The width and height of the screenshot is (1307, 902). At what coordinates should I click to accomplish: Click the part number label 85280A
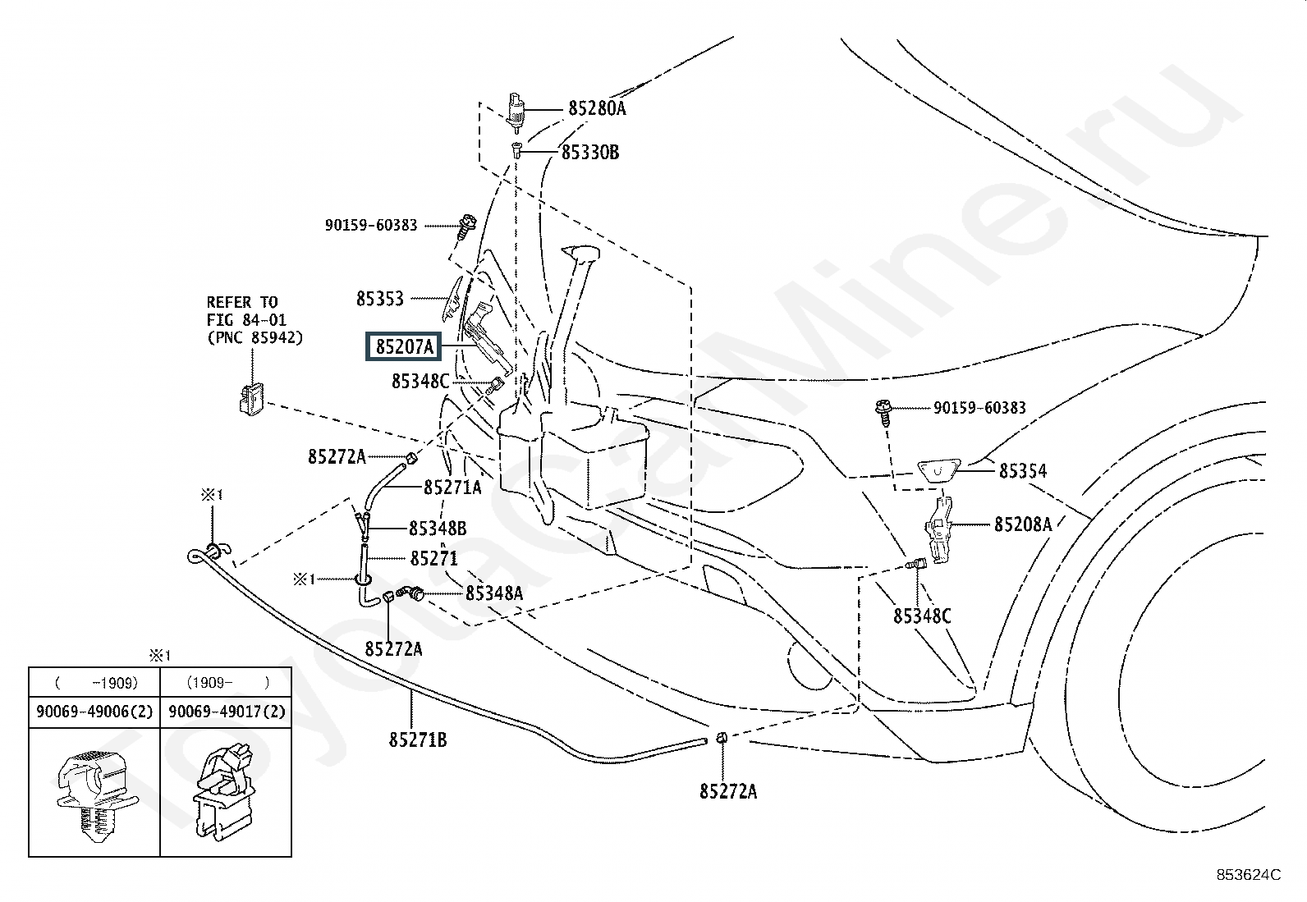[597, 108]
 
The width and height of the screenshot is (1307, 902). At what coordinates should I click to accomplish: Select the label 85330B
[590, 153]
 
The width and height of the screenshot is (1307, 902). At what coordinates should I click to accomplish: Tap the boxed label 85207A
[404, 346]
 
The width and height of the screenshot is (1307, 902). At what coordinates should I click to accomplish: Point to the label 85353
[380, 299]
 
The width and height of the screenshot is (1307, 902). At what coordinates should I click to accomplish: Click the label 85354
[1023, 471]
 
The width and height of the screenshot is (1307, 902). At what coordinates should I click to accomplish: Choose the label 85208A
[1023, 524]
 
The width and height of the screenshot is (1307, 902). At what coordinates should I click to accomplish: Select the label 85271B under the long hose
[418, 739]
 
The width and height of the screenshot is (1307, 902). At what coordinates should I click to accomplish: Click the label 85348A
[494, 593]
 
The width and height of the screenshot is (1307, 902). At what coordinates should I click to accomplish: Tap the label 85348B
[438, 529]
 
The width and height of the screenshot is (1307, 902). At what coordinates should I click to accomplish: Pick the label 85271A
[453, 488]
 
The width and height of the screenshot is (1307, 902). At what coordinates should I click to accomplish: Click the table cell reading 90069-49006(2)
[94, 712]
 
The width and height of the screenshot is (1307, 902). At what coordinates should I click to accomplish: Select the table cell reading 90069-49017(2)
[227, 712]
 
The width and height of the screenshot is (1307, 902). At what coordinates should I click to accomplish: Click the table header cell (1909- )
[227, 683]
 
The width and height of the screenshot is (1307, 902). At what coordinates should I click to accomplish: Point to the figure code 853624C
[1249, 875]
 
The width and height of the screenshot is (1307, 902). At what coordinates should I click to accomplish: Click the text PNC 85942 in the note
[255, 338]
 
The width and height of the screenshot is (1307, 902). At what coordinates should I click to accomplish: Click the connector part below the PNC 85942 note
[251, 399]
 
